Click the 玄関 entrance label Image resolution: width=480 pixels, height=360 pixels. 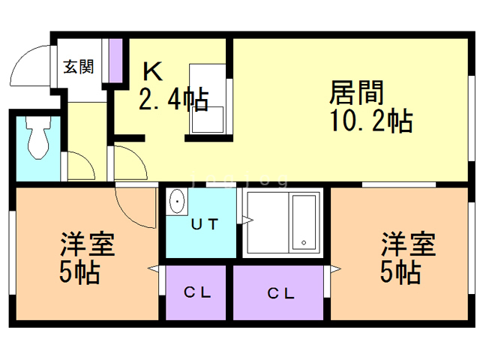point(78,67)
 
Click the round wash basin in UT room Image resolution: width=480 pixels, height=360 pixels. point(178,202)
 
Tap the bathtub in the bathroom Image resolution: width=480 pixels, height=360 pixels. point(304,220)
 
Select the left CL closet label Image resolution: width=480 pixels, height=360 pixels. point(197,292)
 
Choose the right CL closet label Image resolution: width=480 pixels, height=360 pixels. point(280,292)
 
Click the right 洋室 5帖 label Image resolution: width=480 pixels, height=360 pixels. point(405,259)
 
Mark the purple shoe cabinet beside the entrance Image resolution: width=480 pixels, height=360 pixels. point(115,59)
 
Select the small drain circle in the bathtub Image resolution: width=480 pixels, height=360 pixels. point(304,241)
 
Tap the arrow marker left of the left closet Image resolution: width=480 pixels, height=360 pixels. point(155,268)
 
